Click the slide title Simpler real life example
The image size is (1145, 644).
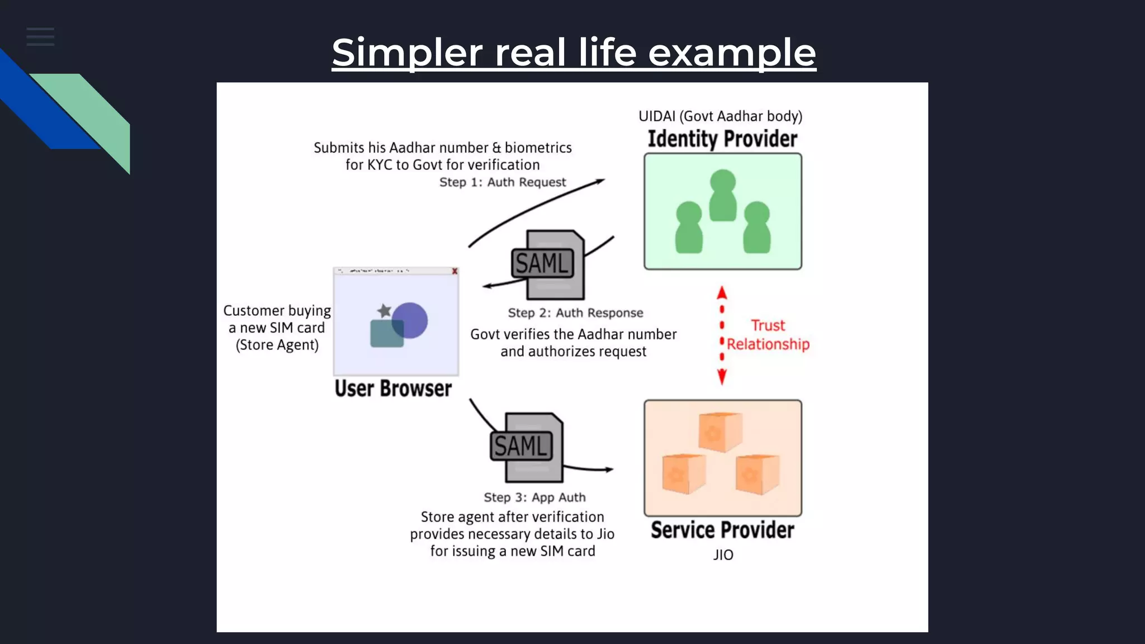574,53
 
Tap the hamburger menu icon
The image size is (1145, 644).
40,37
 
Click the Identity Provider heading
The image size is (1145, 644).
722,139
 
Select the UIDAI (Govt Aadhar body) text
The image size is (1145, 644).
720,116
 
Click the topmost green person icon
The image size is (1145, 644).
722,195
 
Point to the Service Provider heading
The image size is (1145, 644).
722,530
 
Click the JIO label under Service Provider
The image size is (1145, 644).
723,555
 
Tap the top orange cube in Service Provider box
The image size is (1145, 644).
720,432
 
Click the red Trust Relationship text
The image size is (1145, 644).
768,335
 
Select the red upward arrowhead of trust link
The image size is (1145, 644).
722,293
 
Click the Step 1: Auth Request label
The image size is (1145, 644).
502,182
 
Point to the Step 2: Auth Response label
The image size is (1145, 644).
575,313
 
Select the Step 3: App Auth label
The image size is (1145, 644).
534,498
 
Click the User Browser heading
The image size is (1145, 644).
393,389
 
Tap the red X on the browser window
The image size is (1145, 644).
455,271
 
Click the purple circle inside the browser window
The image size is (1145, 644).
411,320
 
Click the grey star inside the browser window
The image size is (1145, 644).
384,310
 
